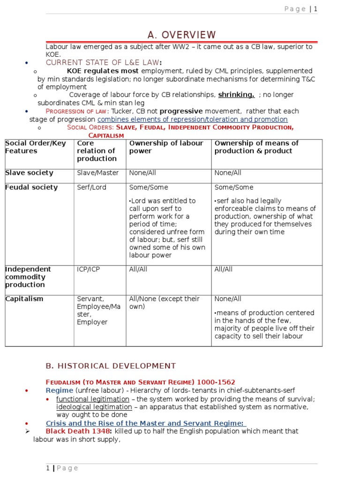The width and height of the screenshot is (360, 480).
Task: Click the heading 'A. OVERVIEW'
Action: coord(182,35)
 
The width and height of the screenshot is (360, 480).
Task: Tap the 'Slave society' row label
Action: coord(29,173)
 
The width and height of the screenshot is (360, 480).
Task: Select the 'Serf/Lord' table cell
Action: coord(91,187)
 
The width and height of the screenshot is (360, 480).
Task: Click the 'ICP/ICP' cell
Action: coord(89,270)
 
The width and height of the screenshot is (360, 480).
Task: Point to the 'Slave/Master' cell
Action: coord(97,173)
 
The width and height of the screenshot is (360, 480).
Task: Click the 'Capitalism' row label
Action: coord(24,299)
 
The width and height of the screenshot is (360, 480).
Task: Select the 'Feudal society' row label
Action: coord(31,187)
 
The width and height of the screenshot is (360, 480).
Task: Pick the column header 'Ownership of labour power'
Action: coord(166,147)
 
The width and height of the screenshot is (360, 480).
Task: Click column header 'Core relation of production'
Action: coord(96,151)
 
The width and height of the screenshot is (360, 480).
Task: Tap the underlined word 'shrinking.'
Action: coord(236,95)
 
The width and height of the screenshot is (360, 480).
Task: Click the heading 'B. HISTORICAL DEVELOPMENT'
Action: coord(111,366)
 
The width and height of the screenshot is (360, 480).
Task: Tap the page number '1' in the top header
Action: coord(316,9)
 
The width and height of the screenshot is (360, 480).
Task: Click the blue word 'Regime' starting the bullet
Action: coord(59,390)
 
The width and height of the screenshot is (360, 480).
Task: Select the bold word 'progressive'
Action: coord(181,111)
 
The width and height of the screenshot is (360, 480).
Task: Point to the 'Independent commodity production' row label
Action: coord(28,277)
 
